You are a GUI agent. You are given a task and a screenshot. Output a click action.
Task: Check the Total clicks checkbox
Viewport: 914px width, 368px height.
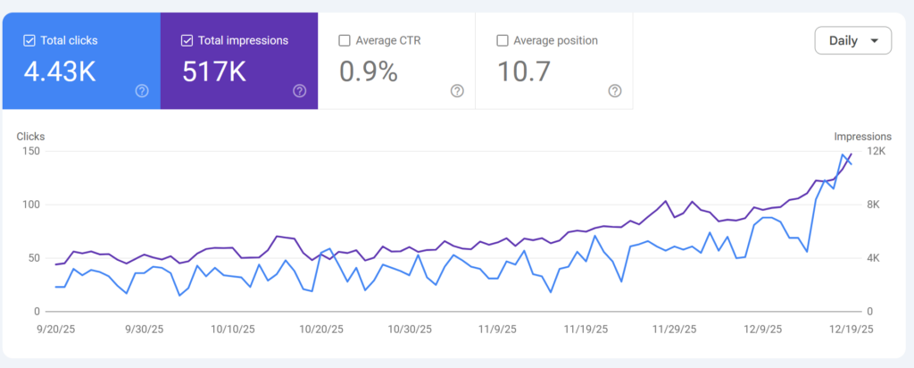[x=29, y=40]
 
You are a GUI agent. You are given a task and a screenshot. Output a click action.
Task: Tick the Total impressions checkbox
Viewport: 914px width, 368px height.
[x=187, y=40]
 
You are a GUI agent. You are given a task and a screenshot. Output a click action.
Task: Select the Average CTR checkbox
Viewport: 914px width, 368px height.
[x=345, y=40]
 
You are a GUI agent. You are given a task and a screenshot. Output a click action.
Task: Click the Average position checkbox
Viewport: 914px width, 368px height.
[x=502, y=40]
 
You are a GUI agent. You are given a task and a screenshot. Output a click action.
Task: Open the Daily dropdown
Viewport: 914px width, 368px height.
[x=852, y=40]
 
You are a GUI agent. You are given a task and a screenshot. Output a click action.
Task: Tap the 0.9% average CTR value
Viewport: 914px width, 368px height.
[x=368, y=71]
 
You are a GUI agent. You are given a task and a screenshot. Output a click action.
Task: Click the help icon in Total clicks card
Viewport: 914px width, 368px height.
[x=142, y=90]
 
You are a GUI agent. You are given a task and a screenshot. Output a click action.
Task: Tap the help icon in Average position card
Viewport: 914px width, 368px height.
[x=614, y=90]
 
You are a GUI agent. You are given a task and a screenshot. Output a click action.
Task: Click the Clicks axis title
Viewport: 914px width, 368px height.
[x=30, y=137]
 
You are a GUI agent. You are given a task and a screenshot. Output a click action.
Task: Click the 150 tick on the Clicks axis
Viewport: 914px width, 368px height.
[x=32, y=151]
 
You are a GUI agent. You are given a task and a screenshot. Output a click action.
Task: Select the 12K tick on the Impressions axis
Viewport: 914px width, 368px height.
[x=877, y=151]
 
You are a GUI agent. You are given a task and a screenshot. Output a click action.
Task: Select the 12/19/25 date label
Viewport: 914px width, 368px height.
[x=851, y=329]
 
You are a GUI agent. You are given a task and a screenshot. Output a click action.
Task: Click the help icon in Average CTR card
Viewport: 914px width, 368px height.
[x=457, y=90]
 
